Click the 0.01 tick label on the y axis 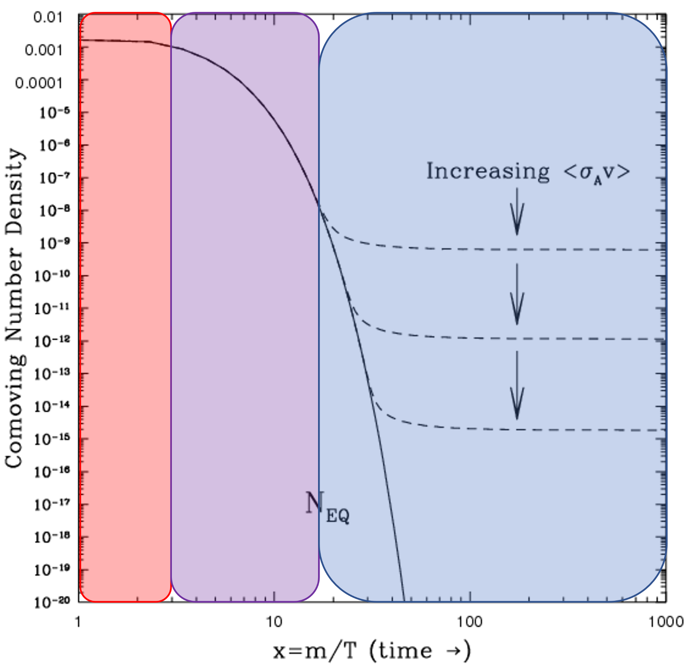click(47, 18)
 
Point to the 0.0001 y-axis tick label click(38, 83)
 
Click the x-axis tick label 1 click(78, 622)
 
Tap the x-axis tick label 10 click(274, 622)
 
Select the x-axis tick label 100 click(469, 622)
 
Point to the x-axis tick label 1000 click(665, 622)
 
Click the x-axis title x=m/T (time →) click(371, 651)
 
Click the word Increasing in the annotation click(488, 171)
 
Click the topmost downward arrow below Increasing click(517, 212)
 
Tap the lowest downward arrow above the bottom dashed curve click(517, 385)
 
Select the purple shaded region click(245, 311)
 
